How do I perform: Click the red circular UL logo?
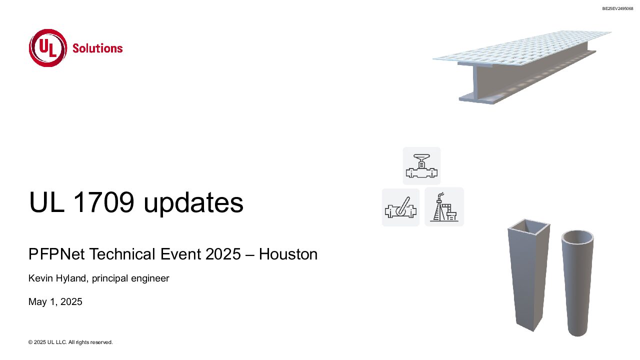(x=48, y=48)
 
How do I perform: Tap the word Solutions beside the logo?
(x=97, y=48)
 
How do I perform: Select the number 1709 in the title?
(x=103, y=202)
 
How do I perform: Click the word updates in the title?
(x=193, y=203)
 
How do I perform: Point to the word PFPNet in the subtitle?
(x=56, y=253)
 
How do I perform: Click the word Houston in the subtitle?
(x=288, y=253)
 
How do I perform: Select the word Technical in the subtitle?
(x=123, y=253)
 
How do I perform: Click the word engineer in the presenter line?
(x=150, y=278)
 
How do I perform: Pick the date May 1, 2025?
(x=55, y=301)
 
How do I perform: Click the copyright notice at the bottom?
(x=70, y=342)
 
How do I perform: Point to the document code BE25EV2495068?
(x=617, y=8)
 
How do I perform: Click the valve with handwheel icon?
(x=421, y=165)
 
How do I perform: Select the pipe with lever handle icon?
(x=400, y=207)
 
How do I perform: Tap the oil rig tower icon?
(x=444, y=207)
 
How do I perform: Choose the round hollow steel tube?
(x=577, y=283)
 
